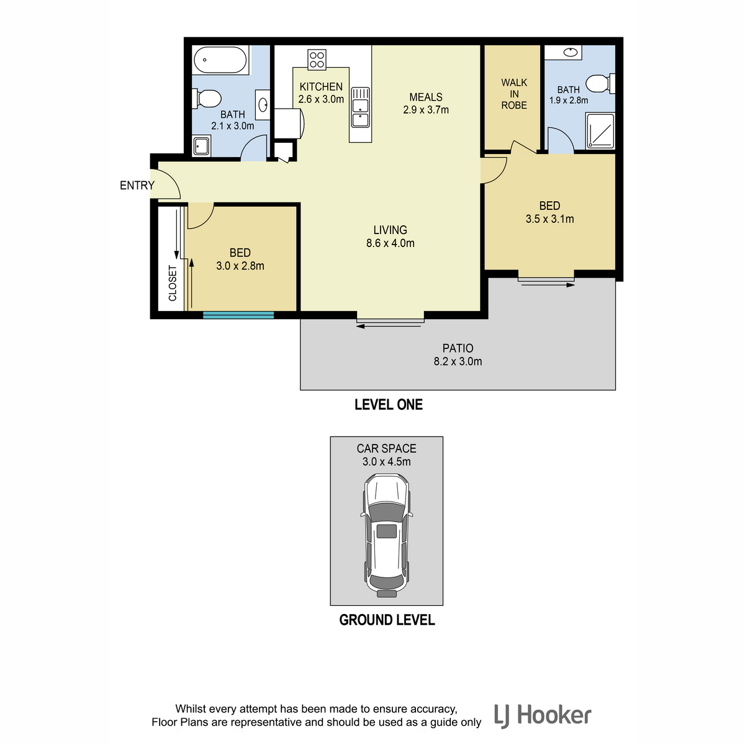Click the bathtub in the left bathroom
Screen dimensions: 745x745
220,60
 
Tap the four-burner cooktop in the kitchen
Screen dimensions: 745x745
316,60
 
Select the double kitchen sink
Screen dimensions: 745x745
359,107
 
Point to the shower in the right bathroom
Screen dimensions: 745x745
600,130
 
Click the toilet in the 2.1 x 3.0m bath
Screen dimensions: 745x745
207,99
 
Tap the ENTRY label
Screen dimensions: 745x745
137,186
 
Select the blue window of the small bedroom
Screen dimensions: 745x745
238,315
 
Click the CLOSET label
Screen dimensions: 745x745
173,283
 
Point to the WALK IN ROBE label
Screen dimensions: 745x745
513,94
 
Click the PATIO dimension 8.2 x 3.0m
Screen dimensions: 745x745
458,361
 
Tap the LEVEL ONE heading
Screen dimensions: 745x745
388,404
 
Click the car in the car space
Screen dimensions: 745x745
386,535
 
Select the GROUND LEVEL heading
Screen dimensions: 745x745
387,620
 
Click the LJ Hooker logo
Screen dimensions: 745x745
543,716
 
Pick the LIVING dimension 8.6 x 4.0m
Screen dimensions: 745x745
390,243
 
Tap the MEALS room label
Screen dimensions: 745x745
426,97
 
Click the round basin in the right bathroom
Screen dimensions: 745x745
570,52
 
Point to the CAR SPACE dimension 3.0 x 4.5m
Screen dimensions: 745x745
386,462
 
